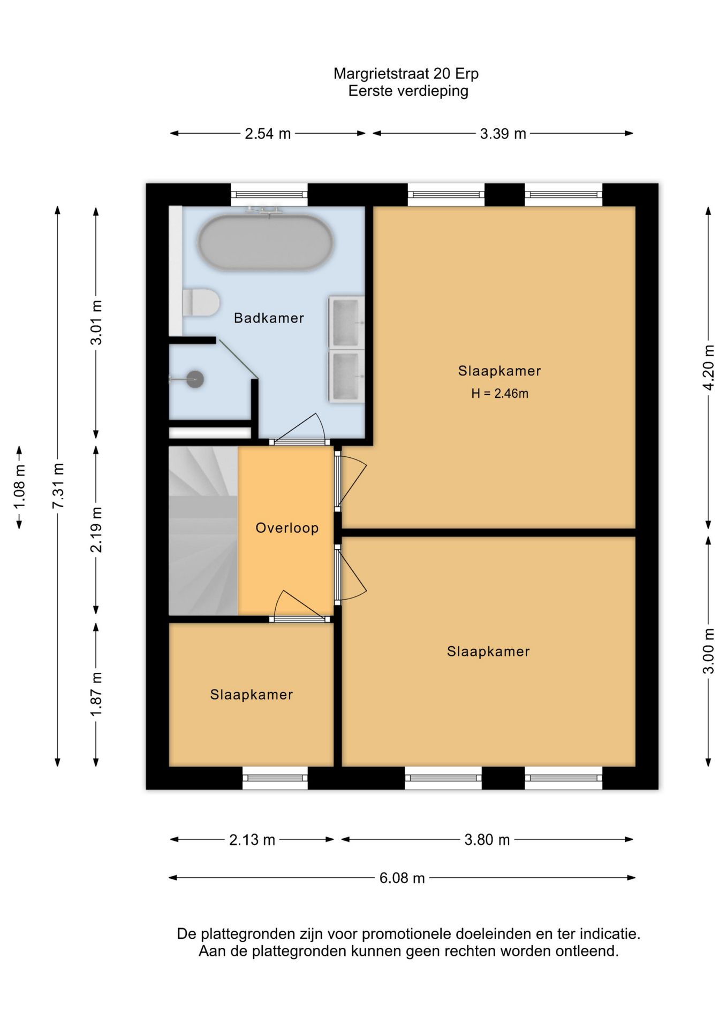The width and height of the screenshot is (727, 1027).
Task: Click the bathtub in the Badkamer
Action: pos(266,242)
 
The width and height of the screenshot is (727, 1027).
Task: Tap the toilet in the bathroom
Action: pos(201,303)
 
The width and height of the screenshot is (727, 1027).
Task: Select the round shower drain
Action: pos(195,379)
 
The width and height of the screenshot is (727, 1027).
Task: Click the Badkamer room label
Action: pos(269,318)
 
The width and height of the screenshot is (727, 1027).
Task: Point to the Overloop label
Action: pos(287,528)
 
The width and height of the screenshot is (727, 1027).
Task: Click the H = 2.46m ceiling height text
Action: pos(499,394)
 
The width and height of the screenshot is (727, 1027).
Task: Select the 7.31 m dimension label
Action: pos(58,486)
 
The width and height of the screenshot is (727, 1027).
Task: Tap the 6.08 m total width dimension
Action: pos(402,878)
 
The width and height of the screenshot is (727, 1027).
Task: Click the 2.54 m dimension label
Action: pos(268,134)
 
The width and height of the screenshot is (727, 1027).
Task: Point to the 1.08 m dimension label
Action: pos(19,487)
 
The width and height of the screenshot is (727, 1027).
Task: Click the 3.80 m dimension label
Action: pos(487,840)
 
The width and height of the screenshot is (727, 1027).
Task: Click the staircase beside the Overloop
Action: pos(203,531)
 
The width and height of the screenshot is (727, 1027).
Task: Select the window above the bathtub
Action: pos(269,195)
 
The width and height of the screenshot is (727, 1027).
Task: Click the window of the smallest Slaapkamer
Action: pos(275,778)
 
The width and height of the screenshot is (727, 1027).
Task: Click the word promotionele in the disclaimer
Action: pos(407,934)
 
